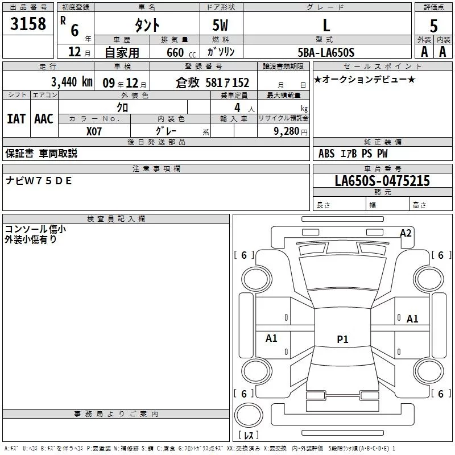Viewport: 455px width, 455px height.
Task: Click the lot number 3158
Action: click(x=29, y=24)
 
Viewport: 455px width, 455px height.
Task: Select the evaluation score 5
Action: click(x=433, y=26)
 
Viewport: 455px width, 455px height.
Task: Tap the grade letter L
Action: click(x=326, y=26)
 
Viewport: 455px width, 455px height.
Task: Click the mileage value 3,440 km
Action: click(x=71, y=82)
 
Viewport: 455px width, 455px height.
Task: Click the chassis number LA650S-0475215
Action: click(x=382, y=181)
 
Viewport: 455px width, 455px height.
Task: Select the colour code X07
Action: click(x=94, y=131)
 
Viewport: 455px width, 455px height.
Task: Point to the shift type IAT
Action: click(x=16, y=118)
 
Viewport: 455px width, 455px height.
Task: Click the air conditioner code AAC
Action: click(x=43, y=118)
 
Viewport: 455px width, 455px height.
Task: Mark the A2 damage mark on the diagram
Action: click(x=406, y=233)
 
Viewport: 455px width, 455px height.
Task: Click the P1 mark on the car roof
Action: click(x=342, y=340)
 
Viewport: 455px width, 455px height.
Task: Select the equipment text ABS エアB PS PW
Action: click(x=354, y=154)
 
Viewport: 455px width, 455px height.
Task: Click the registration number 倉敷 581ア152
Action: click(x=212, y=82)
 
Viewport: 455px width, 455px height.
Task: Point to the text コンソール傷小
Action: click(x=35, y=229)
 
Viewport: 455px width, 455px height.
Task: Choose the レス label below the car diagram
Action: click(x=250, y=435)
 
